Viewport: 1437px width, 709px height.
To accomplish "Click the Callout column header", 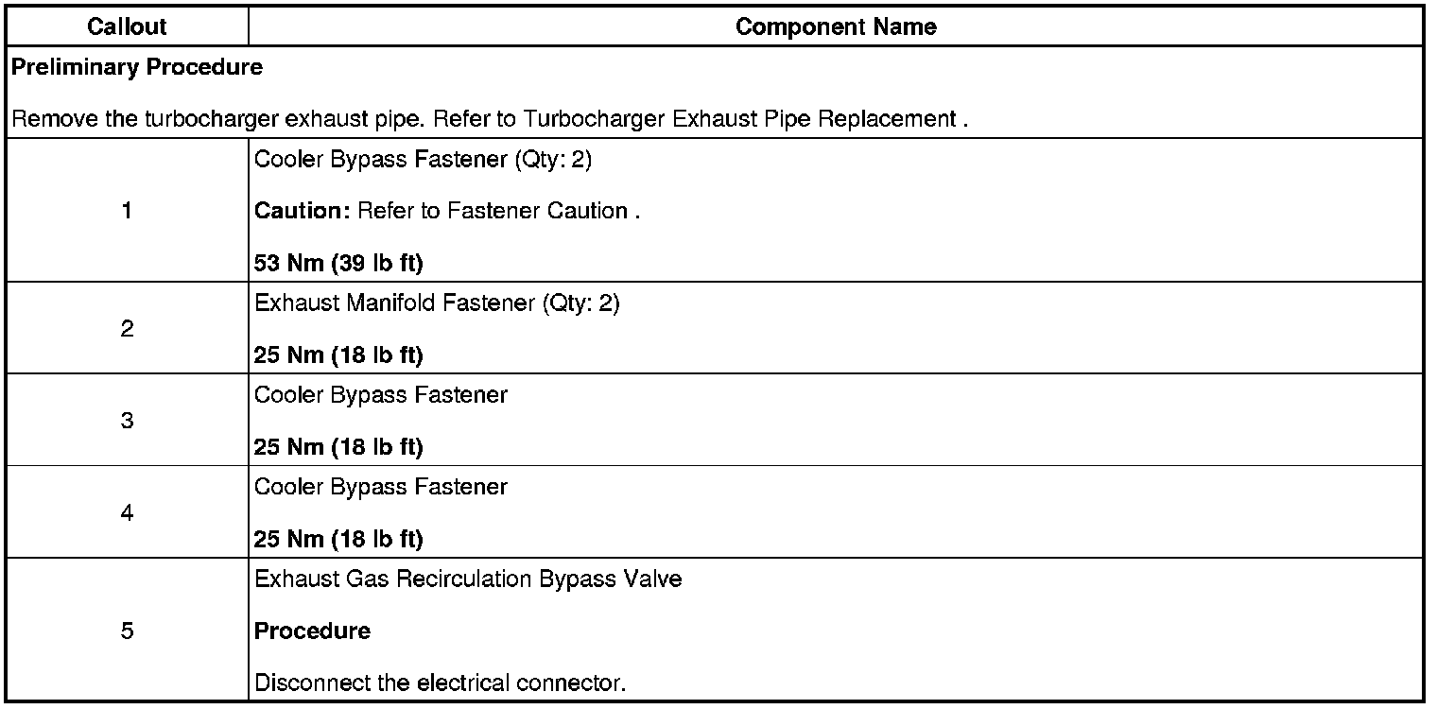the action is click(127, 26).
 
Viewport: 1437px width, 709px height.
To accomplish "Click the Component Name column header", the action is click(836, 26).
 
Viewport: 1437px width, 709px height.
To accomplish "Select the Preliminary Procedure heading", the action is click(138, 67).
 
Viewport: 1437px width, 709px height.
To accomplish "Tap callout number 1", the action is click(127, 211).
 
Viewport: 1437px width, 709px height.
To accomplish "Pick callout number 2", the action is click(127, 329).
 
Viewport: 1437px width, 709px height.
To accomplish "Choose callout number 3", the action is click(127, 421).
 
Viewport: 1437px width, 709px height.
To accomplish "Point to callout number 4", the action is click(127, 512).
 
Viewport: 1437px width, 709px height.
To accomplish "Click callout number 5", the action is click(127, 631).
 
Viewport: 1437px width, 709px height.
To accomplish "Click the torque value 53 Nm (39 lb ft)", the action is click(338, 263).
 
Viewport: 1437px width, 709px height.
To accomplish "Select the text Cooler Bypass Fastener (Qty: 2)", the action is click(423, 159).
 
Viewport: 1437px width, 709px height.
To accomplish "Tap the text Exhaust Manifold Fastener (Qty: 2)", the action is click(437, 304).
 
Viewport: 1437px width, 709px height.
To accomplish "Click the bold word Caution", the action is click(303, 211).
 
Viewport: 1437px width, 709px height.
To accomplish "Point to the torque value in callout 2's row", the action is click(338, 355).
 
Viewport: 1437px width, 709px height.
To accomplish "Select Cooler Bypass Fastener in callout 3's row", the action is click(381, 394).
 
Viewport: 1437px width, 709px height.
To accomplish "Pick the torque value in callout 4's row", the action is click(338, 539).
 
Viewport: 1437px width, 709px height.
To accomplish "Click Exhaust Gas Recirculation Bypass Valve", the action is click(468, 579).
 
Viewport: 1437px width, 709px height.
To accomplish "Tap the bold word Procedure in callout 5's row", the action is click(312, 631).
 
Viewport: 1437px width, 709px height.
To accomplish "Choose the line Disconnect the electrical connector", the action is click(441, 683).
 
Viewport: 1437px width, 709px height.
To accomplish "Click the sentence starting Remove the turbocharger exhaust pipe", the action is click(490, 120).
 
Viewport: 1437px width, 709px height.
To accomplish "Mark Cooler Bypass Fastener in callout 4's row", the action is click(381, 487).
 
